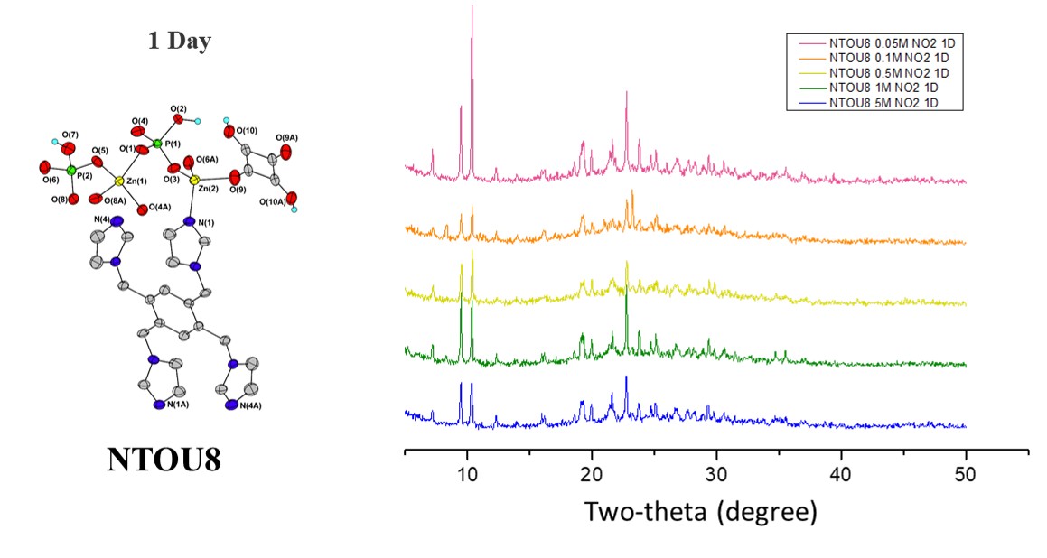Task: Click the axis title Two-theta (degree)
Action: point(700,512)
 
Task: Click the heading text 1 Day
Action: point(180,42)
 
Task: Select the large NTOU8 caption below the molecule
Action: point(164,459)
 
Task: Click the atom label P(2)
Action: point(84,175)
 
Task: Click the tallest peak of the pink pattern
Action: point(472,7)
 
